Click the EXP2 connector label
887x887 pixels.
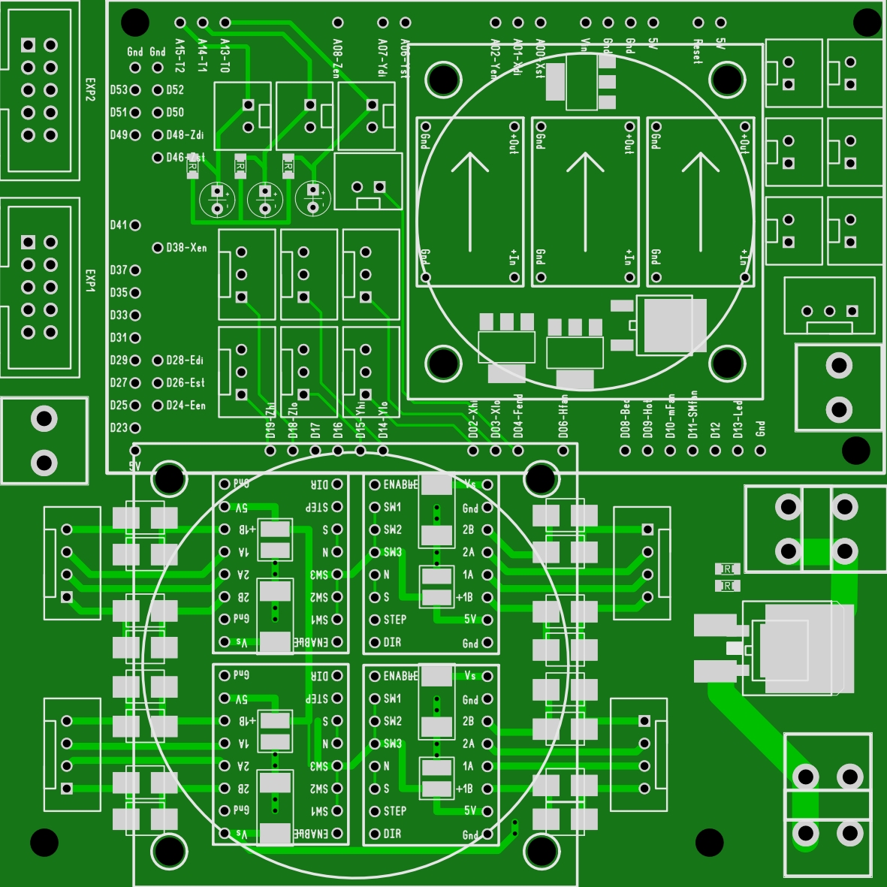(90, 89)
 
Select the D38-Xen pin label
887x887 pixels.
(186, 248)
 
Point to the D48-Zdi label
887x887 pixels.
(185, 135)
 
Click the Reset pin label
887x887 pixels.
(698, 51)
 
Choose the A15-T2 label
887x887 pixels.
(180, 56)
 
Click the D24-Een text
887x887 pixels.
(186, 406)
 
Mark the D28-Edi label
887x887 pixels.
(185, 361)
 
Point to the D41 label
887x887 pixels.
(119, 225)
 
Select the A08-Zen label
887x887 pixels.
(337, 59)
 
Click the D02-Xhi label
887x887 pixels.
(473, 419)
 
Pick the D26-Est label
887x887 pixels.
(186, 383)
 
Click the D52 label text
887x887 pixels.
(175, 90)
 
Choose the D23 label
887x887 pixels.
(119, 428)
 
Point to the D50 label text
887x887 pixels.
(175, 113)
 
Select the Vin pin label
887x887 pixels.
(585, 47)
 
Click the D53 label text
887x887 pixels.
(119, 90)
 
